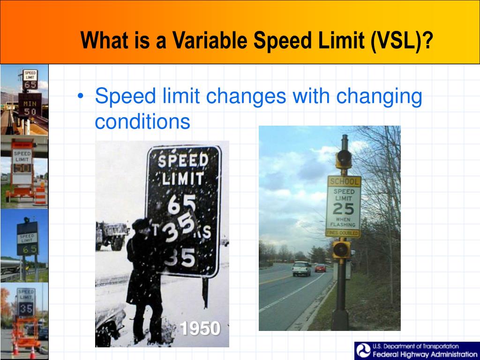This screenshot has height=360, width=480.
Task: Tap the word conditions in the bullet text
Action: click(142, 122)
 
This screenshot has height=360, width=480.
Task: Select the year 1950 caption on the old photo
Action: click(200, 329)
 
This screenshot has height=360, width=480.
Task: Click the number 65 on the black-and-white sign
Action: click(183, 204)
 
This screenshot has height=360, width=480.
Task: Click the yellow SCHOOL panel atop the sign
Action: click(344, 181)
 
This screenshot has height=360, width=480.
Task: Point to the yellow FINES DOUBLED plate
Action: click(343, 233)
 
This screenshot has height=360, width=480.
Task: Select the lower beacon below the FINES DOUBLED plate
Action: click(341, 249)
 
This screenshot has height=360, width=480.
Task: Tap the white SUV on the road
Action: click(301, 269)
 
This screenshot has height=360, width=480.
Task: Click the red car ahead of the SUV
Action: click(320, 268)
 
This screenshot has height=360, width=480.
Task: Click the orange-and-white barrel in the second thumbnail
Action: click(40, 194)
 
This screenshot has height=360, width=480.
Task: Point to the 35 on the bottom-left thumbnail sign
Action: click(26, 309)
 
